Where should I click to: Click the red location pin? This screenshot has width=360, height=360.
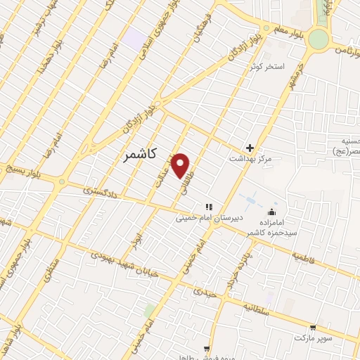pos(181,165)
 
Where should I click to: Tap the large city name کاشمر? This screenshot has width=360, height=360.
pos(137,153)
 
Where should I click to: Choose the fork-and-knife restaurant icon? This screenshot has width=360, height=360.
pos(208,207)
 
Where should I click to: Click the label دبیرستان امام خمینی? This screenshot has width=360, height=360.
pos(210,218)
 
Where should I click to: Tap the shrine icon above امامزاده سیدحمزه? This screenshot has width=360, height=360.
pos(271,212)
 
